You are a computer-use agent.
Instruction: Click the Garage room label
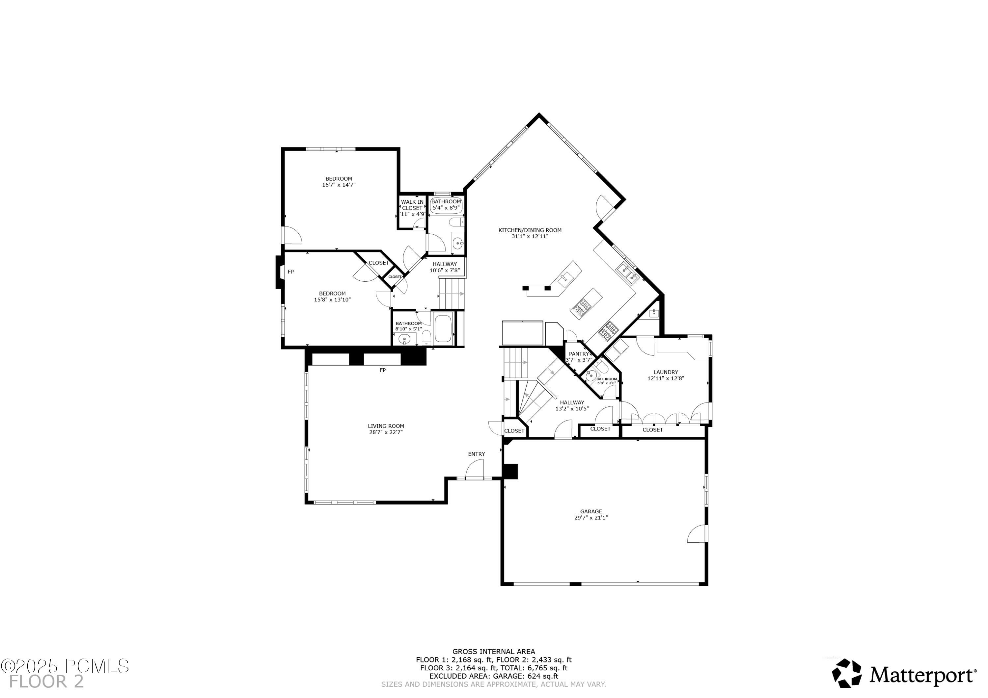coord(591,511)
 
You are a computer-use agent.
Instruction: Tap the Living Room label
coord(386,426)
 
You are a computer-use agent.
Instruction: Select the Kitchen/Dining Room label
coord(530,230)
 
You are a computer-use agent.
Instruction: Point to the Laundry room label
coord(665,372)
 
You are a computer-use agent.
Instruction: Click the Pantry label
coord(579,353)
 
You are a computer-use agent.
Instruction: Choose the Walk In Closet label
coord(412,205)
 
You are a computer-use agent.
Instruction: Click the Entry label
coord(476,454)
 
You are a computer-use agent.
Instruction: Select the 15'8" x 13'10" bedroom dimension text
coord(332,300)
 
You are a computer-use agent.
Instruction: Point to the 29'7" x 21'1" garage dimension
coord(591,518)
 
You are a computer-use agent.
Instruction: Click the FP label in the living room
coord(383,370)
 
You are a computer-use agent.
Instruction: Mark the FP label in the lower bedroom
coord(291,271)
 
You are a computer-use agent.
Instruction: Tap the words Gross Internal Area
coord(494,652)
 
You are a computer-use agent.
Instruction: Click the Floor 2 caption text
coord(46,682)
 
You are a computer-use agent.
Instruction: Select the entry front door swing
coord(475,469)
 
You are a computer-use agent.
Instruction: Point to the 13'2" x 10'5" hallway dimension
coord(572,408)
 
